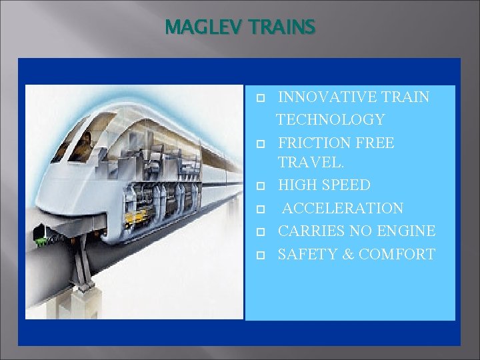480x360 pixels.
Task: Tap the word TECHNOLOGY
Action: click(x=331, y=120)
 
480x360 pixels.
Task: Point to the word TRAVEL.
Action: click(x=309, y=163)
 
